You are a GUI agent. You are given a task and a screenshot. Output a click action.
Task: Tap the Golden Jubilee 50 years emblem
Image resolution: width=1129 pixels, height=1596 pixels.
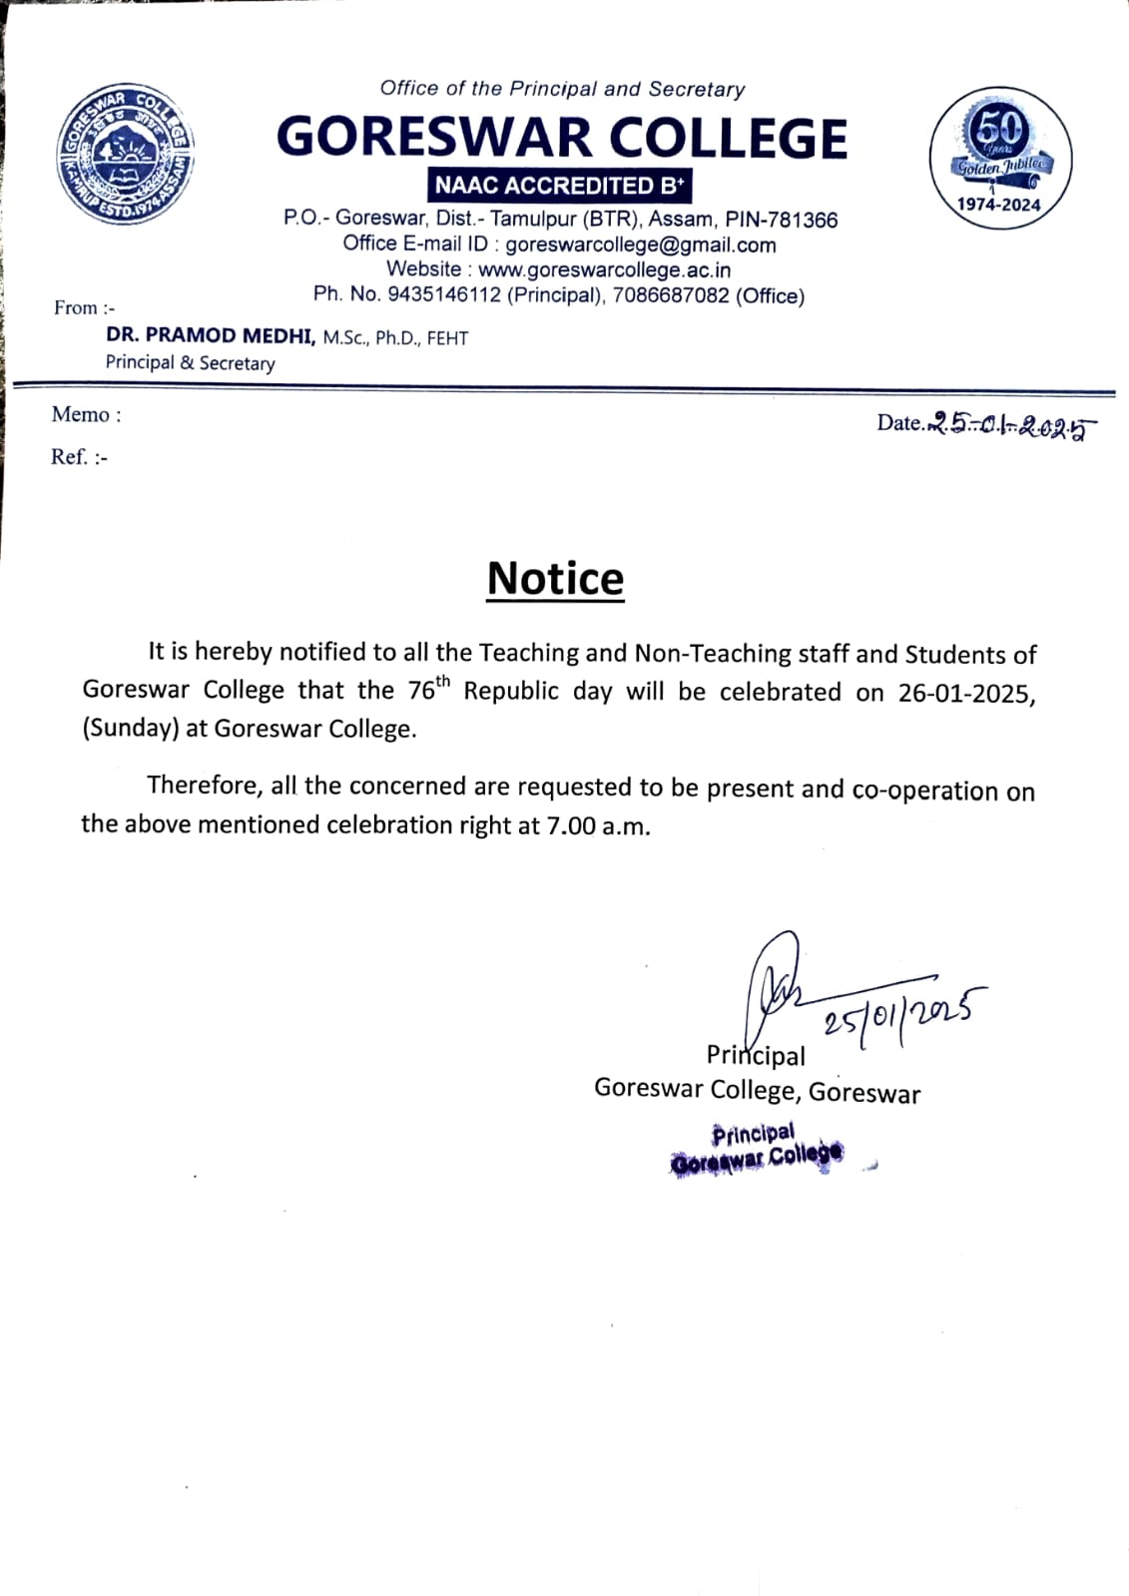(x=1000, y=157)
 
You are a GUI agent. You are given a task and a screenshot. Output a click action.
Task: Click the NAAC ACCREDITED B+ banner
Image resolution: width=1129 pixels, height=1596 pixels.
(x=561, y=186)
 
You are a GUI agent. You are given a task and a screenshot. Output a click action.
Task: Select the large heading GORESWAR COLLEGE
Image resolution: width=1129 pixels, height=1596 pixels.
(x=561, y=138)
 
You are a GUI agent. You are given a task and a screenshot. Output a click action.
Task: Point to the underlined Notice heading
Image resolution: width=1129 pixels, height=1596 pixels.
(x=555, y=579)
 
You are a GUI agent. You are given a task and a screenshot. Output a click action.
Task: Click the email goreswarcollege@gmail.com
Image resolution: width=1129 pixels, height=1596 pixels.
(x=640, y=245)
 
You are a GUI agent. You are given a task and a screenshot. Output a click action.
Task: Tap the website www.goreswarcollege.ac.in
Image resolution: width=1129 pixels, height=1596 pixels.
(x=604, y=269)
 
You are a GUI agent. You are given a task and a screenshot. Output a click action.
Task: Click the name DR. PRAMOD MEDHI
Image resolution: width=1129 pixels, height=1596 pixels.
(x=211, y=336)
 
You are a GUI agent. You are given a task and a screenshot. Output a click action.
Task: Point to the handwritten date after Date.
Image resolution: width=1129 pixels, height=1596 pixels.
(x=1009, y=426)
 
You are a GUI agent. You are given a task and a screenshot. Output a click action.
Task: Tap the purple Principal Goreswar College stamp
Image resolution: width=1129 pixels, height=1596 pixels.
(x=757, y=1148)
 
